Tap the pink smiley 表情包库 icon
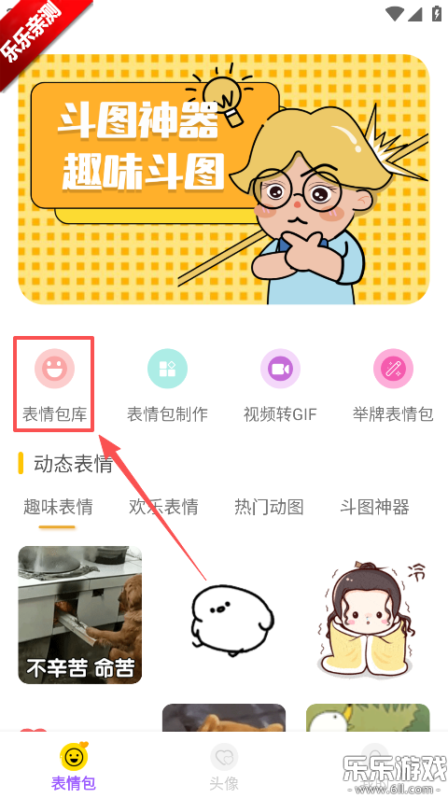(54, 369)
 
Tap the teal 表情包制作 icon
(167, 369)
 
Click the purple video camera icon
(281, 369)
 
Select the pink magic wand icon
(394, 369)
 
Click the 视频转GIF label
(281, 414)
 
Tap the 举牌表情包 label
(393, 414)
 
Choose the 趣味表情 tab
(58, 507)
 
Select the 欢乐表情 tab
(163, 507)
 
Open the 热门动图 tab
(269, 507)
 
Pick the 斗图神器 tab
(374, 507)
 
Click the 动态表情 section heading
(74, 464)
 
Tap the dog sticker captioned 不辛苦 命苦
(80, 615)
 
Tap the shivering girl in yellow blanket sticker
(368, 616)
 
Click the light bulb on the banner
(224, 98)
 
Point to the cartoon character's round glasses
(297, 191)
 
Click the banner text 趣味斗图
(143, 171)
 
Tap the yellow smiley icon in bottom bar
(74, 757)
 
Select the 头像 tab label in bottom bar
(224, 782)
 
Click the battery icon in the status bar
(436, 14)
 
